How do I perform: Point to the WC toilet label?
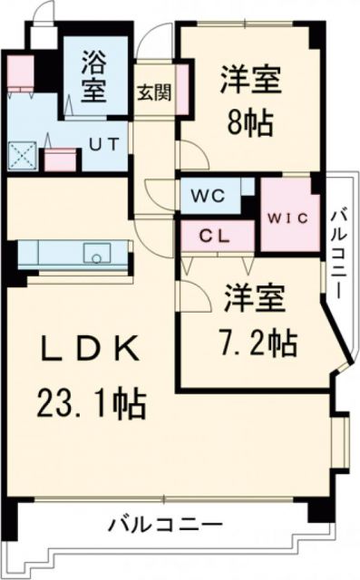204,193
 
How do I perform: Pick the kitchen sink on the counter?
96,252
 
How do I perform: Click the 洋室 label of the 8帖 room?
248,80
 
